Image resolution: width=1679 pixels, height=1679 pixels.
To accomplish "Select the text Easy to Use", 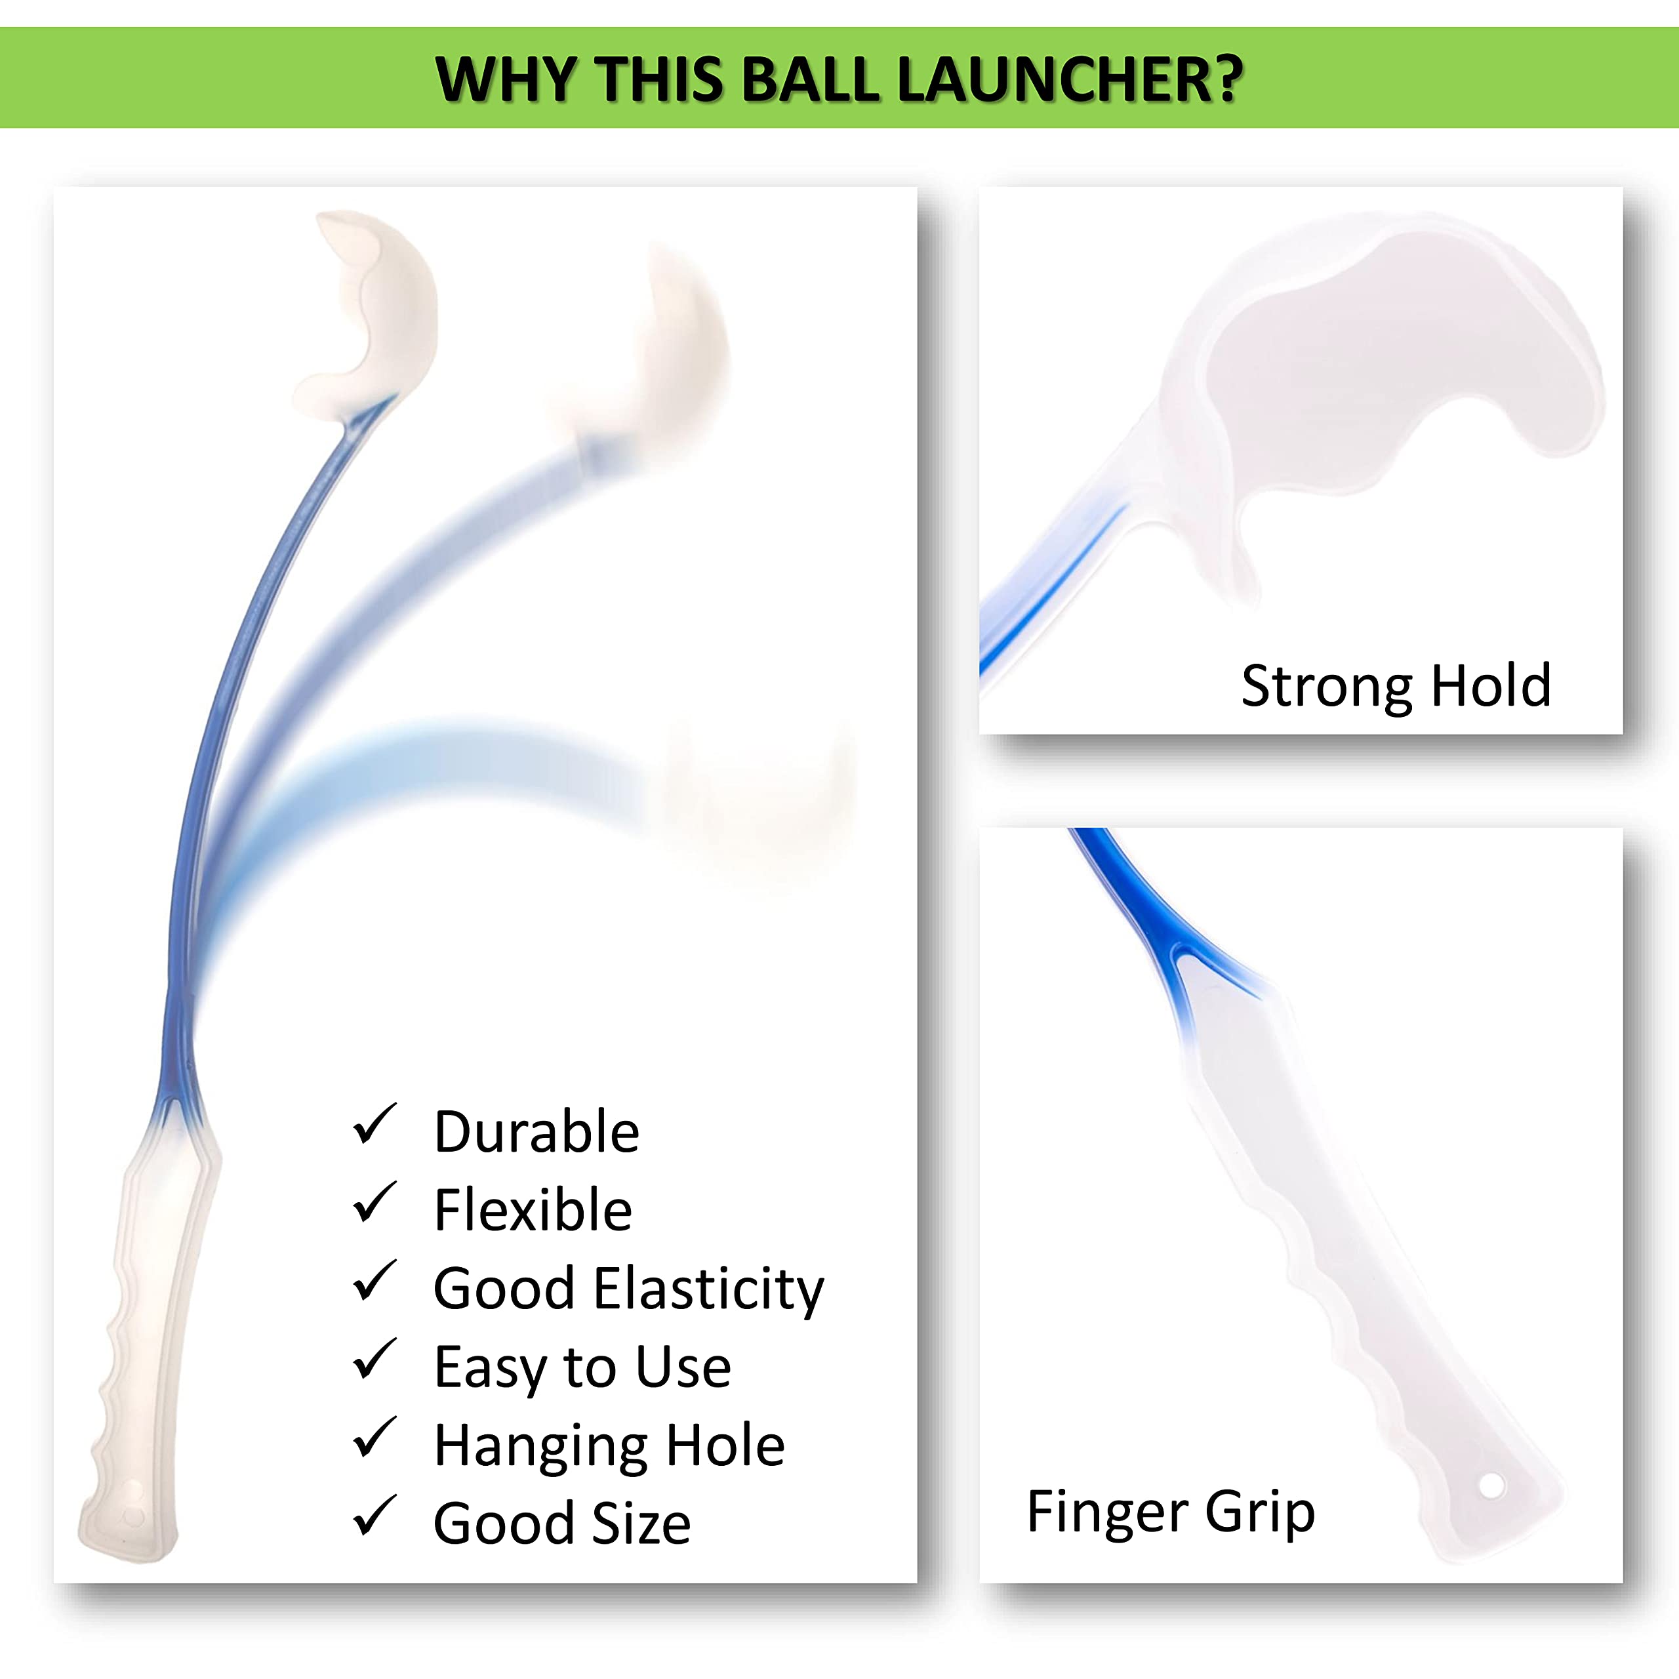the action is coord(582,1368).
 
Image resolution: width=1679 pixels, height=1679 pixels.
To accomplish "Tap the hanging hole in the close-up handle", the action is coord(1491,1486).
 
